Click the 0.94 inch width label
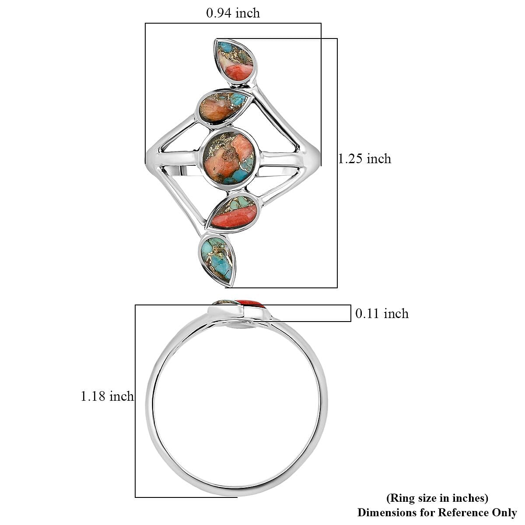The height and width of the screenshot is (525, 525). click(x=233, y=13)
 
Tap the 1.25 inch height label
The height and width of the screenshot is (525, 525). click(x=364, y=158)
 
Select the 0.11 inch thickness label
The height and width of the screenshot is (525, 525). click(x=381, y=314)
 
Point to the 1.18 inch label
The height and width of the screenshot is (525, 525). click(x=107, y=396)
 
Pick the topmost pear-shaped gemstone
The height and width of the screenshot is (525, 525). click(x=235, y=60)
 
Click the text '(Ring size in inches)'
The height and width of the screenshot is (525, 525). click(x=437, y=498)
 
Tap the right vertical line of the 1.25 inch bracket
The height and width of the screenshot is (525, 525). click(x=337, y=163)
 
